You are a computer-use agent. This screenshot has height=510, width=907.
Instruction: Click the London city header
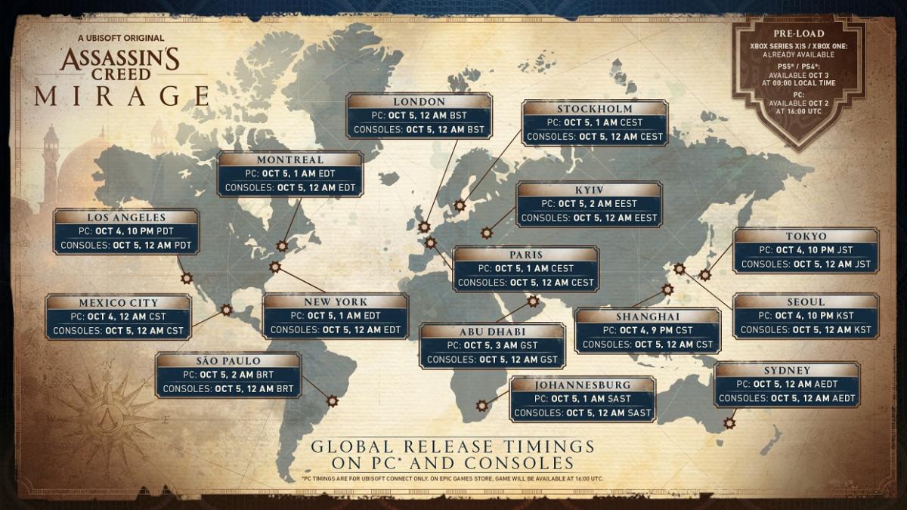point(419,102)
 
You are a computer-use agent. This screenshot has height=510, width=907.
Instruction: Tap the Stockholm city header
point(595,109)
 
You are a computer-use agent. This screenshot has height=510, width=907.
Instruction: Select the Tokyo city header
point(806,236)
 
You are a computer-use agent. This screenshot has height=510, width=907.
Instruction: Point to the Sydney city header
point(787,371)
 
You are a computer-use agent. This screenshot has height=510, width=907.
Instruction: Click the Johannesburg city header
point(582,384)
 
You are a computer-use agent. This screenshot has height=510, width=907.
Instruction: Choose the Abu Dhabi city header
point(492,332)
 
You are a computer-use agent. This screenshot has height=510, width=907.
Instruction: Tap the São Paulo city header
point(228,361)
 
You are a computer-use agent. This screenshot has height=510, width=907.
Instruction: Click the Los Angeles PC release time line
point(127,231)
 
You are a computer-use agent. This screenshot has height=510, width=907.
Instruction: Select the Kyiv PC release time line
point(589,204)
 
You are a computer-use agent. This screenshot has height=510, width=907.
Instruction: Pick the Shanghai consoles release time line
point(648,345)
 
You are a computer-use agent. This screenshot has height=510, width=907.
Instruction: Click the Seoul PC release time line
point(806,316)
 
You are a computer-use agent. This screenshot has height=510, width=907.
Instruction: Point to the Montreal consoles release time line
point(290,187)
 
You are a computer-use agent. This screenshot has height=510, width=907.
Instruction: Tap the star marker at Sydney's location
point(729,423)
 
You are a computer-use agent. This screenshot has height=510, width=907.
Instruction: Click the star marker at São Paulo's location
point(331,400)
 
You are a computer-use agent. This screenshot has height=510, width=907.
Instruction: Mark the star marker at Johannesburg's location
point(481,406)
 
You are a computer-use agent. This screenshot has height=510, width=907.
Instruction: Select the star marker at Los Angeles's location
point(187,278)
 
